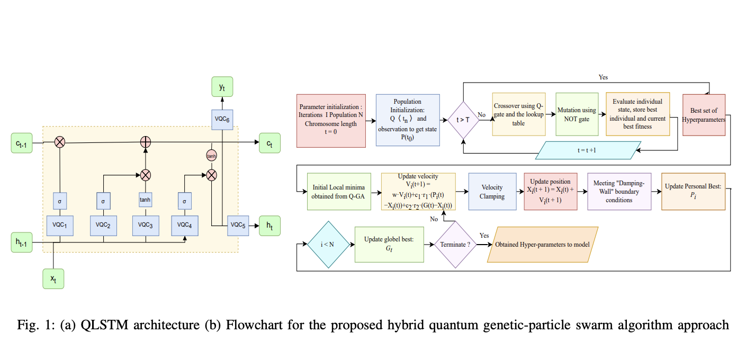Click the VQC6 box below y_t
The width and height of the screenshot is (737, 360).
(222, 119)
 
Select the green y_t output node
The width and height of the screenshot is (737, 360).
(222, 86)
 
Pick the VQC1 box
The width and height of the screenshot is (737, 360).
(60, 225)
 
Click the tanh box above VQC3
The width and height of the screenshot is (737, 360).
(145, 201)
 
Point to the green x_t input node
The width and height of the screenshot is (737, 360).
(53, 278)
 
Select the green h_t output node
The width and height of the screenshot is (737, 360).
(269, 225)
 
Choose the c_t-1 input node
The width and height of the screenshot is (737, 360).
(22, 142)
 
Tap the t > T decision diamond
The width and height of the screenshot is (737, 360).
(463, 120)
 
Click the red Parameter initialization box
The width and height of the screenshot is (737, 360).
(331, 120)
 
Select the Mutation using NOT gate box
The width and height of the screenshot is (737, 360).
(577, 114)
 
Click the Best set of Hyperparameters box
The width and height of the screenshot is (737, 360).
(704, 115)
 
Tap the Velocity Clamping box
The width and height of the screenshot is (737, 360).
(492, 192)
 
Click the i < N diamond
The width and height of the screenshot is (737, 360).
(328, 245)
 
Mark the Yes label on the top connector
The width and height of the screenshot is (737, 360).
(603, 77)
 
